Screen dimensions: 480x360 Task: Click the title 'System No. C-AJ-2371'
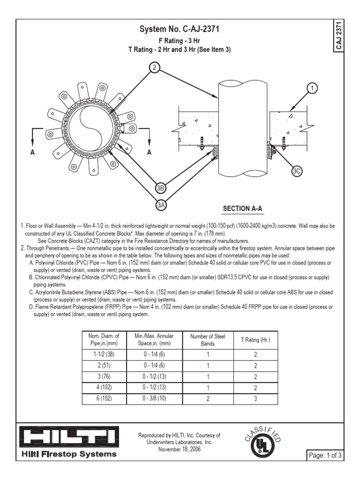[x=180, y=30]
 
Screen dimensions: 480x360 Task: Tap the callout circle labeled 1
[x=313, y=87]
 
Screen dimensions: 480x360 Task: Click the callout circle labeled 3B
[x=161, y=188]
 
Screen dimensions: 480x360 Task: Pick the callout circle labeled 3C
[x=297, y=172]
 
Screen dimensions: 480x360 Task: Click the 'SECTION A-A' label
[x=242, y=208]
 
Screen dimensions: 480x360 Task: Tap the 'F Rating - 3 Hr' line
[x=180, y=41]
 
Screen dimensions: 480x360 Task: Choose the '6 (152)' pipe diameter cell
[x=104, y=398]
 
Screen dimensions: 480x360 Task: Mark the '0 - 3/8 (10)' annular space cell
[x=154, y=398]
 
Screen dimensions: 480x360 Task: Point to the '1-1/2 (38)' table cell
[x=104, y=354]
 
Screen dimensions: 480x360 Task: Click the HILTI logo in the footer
[x=69, y=438]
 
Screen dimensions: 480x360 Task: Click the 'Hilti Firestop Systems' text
[x=69, y=454]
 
